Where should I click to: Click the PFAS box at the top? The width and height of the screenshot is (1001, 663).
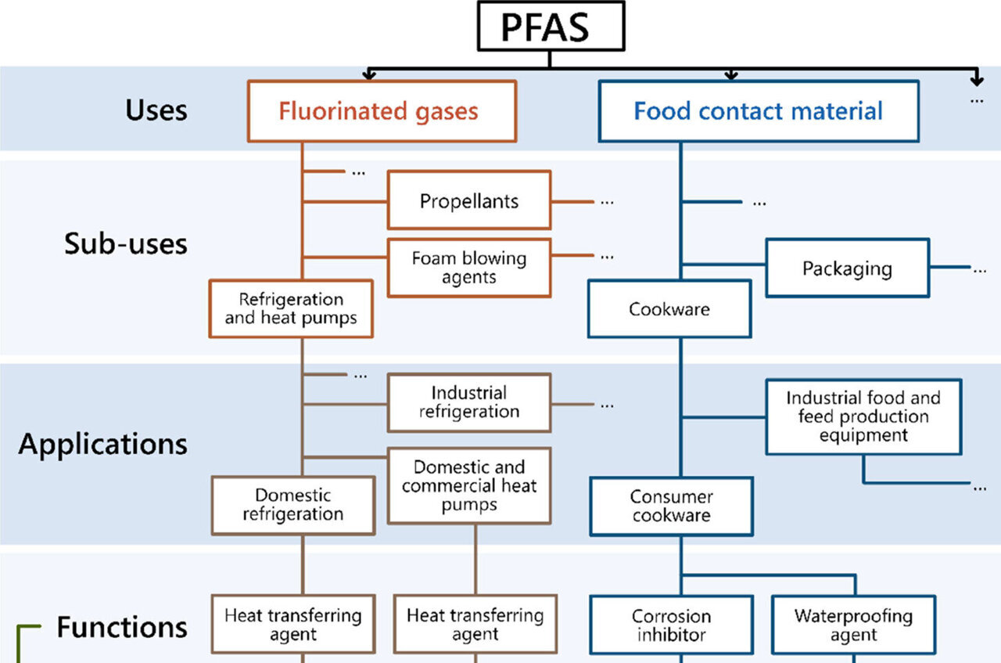[551, 26]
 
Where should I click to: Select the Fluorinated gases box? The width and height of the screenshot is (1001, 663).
[382, 111]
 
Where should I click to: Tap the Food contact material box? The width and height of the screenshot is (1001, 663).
[759, 111]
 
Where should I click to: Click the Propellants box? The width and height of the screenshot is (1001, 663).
[469, 200]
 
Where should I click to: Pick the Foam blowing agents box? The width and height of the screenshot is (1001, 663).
[469, 268]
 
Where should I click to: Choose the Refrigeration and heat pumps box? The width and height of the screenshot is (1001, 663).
[291, 309]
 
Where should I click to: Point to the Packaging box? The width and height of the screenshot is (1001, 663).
[847, 268]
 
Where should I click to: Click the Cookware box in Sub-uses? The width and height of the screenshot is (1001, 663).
[669, 309]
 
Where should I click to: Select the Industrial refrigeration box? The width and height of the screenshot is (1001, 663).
[469, 402]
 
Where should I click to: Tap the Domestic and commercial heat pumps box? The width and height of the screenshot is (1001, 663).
[469, 485]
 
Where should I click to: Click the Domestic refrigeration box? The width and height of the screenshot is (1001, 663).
[292, 506]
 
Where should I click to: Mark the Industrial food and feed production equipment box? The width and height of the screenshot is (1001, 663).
[863, 416]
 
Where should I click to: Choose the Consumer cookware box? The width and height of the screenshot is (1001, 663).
[672, 506]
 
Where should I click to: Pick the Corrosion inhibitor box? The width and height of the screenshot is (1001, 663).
[672, 625]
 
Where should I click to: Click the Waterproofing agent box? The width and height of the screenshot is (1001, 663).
[853, 625]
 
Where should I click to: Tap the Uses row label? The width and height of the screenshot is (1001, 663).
[156, 110]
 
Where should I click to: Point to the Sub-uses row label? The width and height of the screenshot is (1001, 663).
[126, 243]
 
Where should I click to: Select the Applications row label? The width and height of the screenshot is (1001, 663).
[102, 444]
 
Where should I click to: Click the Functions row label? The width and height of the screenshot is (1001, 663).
[122, 627]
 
